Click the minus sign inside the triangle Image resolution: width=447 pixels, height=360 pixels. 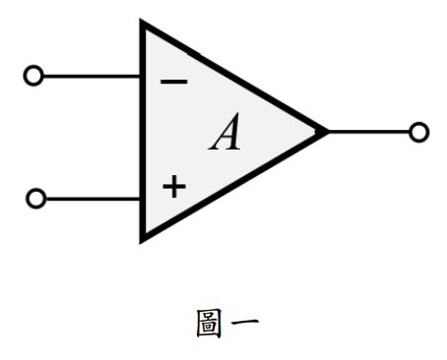(x=173, y=82)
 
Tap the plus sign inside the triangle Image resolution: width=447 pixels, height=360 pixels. (x=173, y=186)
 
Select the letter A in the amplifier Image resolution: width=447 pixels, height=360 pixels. (x=225, y=135)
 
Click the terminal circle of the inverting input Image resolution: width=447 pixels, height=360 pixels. (x=33, y=76)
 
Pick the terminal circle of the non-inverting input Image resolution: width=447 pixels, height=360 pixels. (x=35, y=199)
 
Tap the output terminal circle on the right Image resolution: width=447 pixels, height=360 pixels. (x=419, y=132)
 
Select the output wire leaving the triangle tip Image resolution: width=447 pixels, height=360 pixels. (x=369, y=132)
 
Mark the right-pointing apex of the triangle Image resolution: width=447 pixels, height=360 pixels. (x=326, y=132)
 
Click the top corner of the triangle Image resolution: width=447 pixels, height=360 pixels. (x=144, y=24)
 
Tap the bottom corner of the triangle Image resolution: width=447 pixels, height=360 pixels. (x=144, y=237)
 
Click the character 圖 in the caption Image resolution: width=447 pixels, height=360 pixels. (x=211, y=325)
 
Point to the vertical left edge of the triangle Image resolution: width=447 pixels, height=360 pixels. (x=144, y=133)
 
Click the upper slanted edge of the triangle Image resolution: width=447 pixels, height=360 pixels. (x=236, y=78)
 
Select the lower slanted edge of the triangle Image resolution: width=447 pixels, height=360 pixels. (x=236, y=184)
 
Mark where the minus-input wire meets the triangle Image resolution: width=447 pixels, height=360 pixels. (x=143, y=76)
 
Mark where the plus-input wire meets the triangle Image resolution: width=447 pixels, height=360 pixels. (x=143, y=199)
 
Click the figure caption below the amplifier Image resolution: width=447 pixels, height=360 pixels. (x=227, y=325)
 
